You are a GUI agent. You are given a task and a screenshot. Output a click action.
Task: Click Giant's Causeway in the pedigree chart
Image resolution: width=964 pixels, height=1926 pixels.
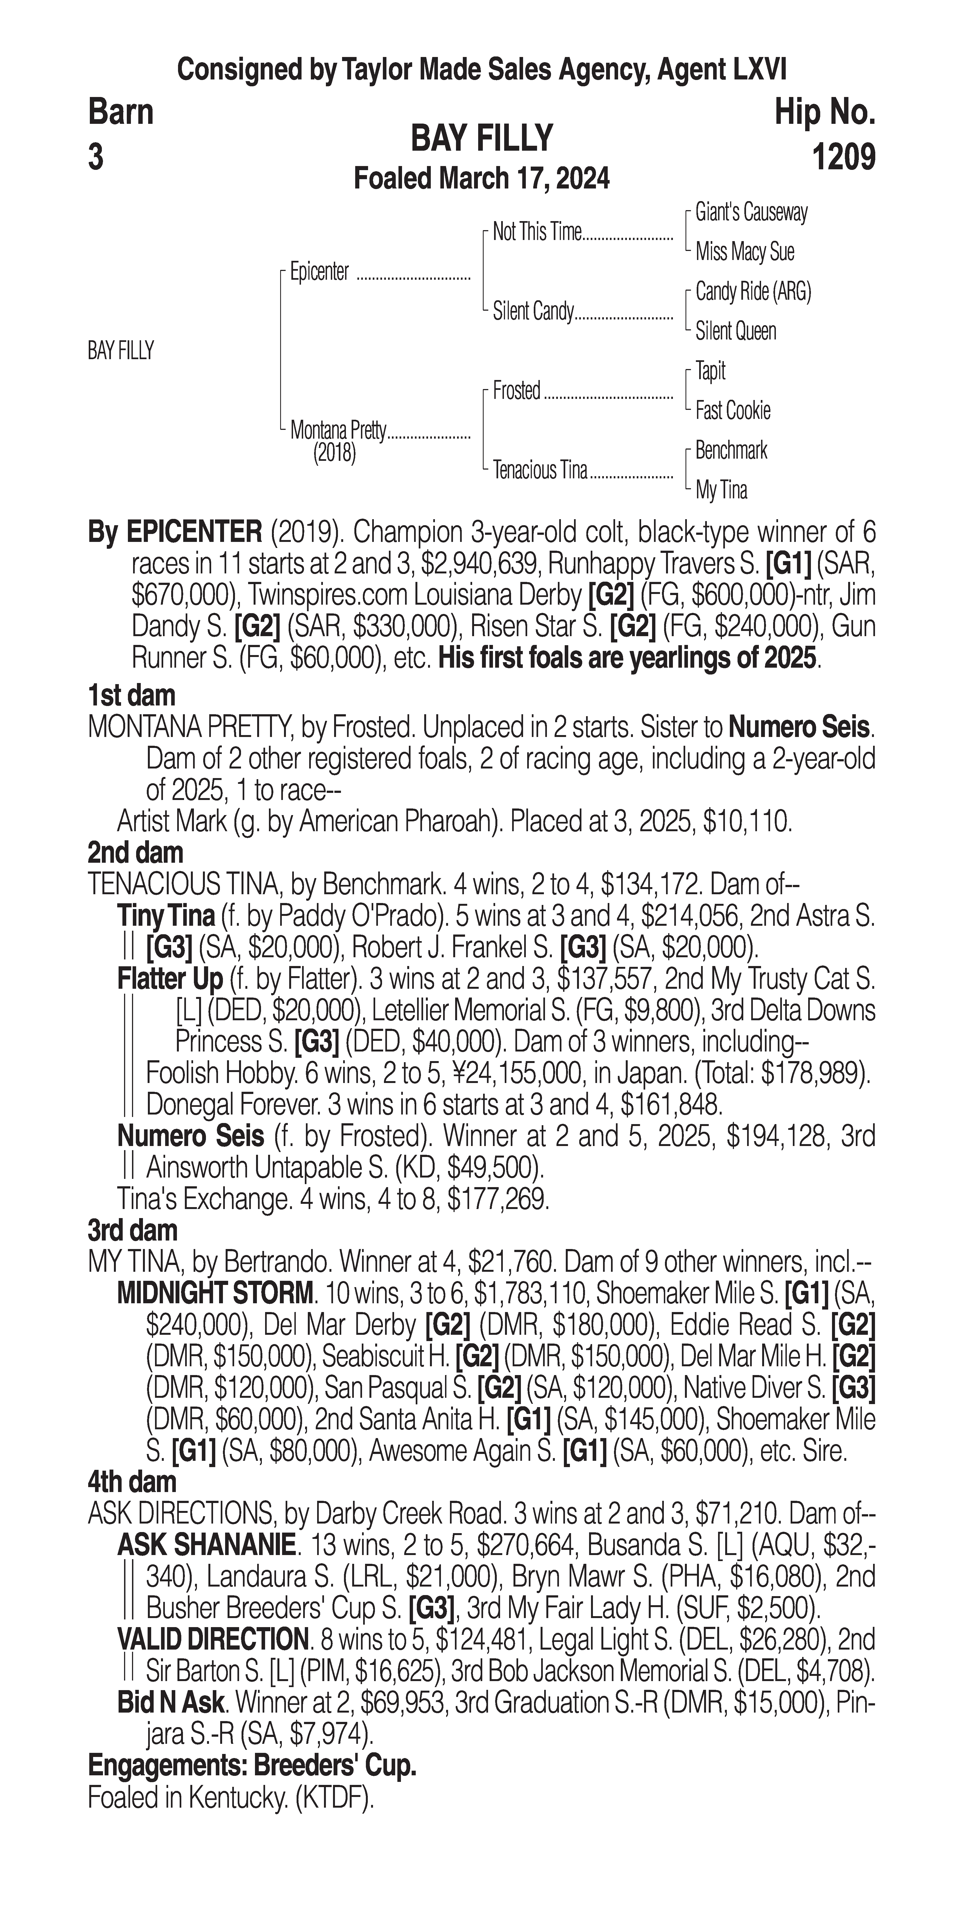(x=751, y=212)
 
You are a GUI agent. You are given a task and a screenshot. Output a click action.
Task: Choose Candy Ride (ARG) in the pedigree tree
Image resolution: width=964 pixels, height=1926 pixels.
(x=753, y=292)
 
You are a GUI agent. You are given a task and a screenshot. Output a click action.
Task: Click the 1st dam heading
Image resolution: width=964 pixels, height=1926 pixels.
(x=131, y=695)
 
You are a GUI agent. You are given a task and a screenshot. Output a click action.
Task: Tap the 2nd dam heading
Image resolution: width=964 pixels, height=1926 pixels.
(x=135, y=852)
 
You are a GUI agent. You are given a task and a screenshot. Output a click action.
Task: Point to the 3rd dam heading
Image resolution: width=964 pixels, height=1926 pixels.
(x=133, y=1231)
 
